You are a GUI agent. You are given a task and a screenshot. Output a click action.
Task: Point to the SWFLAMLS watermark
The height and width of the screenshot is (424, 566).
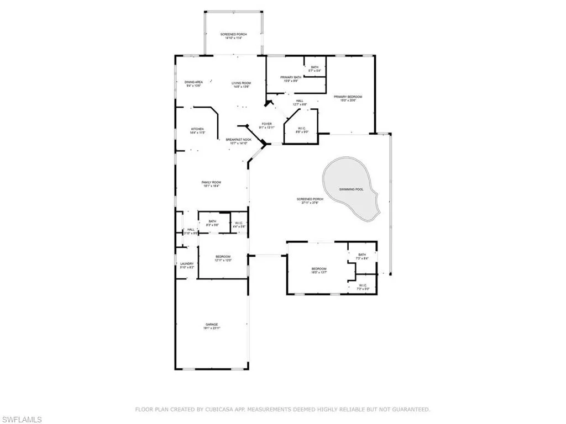coord(22,420)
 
